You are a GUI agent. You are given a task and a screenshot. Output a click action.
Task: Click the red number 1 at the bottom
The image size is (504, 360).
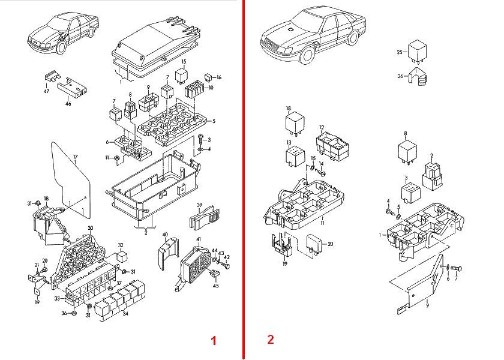[x=212, y=341]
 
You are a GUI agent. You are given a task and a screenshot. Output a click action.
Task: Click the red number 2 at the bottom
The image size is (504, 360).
[x=270, y=340]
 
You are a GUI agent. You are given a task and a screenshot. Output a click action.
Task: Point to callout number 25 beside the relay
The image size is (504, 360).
[x=400, y=52]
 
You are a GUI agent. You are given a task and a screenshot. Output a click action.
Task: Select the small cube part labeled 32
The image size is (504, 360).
[x=121, y=256]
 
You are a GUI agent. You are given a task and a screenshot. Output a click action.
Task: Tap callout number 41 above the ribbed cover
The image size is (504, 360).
[x=199, y=239]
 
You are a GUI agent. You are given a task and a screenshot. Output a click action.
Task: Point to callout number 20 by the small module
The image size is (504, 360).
[x=330, y=244]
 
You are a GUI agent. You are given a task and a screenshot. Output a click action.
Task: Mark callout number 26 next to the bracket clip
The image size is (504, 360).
[x=400, y=76]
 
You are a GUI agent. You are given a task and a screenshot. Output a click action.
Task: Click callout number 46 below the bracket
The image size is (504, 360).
[x=68, y=104]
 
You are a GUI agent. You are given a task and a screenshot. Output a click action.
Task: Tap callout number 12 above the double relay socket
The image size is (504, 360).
[x=322, y=128]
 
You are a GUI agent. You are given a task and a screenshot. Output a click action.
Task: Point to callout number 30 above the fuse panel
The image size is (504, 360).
[x=90, y=228]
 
